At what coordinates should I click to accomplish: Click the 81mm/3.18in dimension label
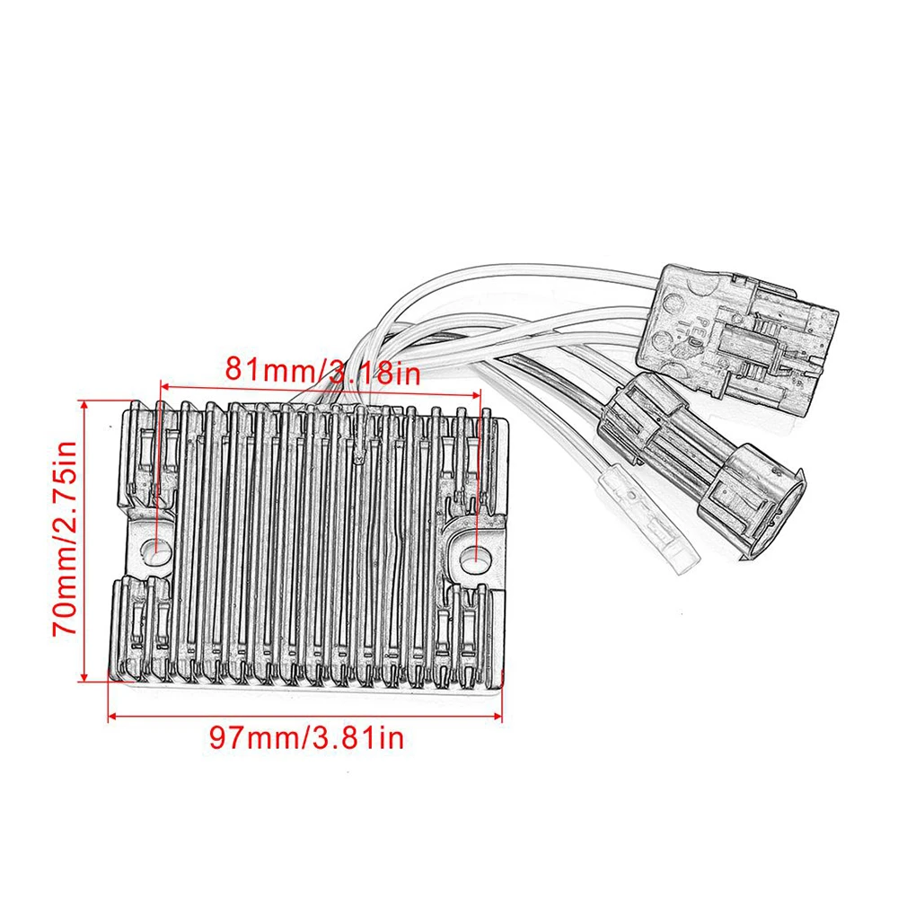click(322, 371)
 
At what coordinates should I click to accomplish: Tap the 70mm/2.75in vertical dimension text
click(65, 538)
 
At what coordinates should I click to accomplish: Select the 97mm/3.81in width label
click(306, 737)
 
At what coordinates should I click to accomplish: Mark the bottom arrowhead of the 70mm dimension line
click(84, 677)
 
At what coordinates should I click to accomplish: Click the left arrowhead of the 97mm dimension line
click(113, 716)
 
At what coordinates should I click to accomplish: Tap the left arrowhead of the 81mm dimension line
click(165, 387)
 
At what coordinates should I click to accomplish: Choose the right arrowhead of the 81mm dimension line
click(476, 394)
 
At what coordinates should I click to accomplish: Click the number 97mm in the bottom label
click(254, 737)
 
